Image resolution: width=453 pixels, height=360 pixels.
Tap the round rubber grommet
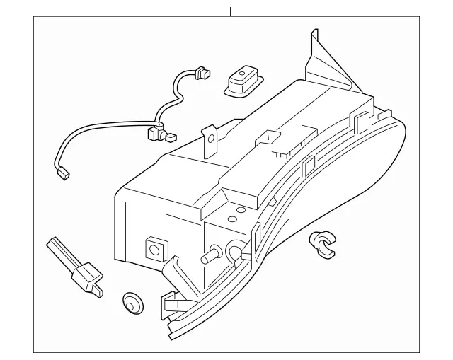point(131,301)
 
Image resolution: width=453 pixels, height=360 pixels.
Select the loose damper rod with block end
point(74,268)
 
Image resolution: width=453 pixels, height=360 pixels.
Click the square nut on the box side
point(154,248)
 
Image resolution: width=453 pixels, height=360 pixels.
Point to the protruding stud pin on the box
point(210,256)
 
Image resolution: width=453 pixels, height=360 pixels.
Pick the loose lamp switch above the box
point(241,82)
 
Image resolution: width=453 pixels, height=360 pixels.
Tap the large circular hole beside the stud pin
point(236,248)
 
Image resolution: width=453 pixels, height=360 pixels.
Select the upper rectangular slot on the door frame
point(359,121)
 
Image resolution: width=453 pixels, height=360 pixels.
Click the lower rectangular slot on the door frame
point(309,166)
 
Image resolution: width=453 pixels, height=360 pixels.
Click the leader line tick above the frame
point(231,11)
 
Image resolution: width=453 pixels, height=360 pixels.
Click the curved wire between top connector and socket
point(175,95)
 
